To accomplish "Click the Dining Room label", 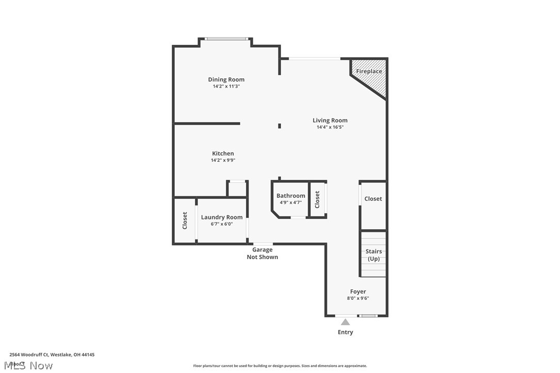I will [226, 79].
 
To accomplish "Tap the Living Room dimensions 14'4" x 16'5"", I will [330, 127].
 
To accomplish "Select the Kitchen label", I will [223, 154].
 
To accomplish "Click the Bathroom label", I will [290, 196].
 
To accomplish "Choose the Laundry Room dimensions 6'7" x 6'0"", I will [221, 224].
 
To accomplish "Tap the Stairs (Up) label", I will [373, 255].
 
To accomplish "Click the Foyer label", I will [358, 292].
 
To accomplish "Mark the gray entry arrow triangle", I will [345, 322].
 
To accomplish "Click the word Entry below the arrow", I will [345, 332].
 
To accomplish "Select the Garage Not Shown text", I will [262, 253].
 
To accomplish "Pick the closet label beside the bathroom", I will [317, 199].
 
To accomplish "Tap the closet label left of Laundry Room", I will [185, 221].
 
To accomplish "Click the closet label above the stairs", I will [373, 199].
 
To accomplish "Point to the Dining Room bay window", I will [226, 39].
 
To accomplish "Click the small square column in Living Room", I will [279, 125].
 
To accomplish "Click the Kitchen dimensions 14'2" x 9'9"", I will [223, 160].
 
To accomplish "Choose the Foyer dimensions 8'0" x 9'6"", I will [358, 298].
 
